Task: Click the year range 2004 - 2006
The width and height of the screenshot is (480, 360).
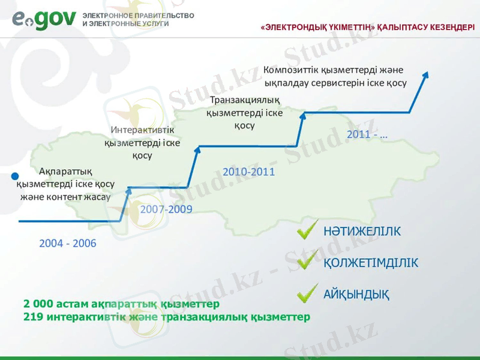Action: (67, 244)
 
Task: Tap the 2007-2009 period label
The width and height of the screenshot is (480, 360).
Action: (166, 209)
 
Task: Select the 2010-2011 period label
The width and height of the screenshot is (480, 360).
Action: (248, 172)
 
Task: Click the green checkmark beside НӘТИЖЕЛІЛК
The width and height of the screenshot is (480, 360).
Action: (307, 230)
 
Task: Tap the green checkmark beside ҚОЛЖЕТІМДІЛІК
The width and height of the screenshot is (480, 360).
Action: (307, 260)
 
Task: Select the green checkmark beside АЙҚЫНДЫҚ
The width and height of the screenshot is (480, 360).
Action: (307, 292)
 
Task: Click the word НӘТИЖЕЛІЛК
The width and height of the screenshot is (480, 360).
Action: (362, 232)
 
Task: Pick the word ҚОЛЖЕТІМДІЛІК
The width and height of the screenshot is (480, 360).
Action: (371, 263)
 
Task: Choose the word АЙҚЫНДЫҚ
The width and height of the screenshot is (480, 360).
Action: (356, 295)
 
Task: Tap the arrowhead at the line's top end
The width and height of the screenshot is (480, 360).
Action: (426, 74)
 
